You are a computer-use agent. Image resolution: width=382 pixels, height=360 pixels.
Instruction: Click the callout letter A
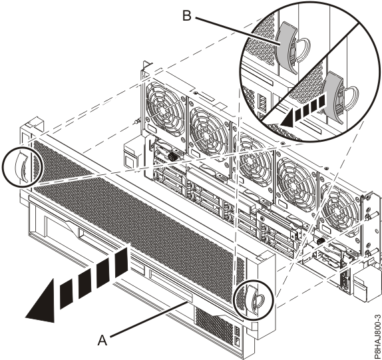pos(102,340)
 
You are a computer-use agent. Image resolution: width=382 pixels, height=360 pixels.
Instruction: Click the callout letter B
pos(187,16)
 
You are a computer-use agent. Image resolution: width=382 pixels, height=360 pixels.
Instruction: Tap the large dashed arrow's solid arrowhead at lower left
pos(42,303)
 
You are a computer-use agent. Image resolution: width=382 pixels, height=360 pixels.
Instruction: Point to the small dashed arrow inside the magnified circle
pos(302,111)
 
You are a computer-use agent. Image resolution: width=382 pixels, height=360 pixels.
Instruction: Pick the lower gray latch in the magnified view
pos(335,96)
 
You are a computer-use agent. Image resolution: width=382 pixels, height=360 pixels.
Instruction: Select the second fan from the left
pos(209,134)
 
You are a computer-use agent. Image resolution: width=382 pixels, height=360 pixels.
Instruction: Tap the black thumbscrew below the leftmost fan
pos(174,156)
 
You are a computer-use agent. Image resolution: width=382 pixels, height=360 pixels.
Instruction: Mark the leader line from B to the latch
pos(238,31)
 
